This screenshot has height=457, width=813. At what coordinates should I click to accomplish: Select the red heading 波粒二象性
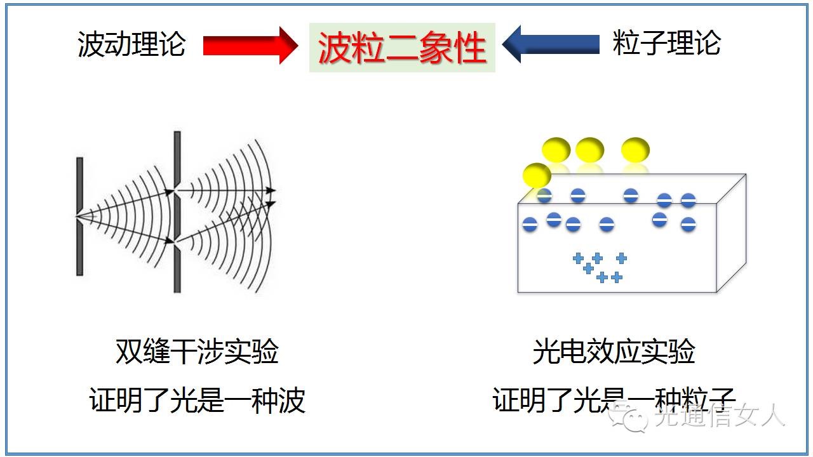[x=402, y=48]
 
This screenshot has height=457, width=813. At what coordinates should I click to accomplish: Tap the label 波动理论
[x=131, y=44]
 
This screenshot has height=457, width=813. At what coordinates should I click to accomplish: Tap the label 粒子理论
[x=666, y=44]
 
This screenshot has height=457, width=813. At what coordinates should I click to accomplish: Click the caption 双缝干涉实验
[x=197, y=351]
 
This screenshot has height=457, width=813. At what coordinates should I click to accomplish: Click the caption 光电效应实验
[x=614, y=351]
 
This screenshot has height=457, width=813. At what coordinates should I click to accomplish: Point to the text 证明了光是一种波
[x=197, y=401]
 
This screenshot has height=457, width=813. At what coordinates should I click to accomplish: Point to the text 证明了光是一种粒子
[x=614, y=401]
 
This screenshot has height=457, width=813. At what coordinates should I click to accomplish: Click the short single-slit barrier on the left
[x=79, y=216]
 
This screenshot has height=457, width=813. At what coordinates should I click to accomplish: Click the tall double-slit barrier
[x=177, y=212]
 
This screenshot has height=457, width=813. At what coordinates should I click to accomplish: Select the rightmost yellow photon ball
[x=635, y=150]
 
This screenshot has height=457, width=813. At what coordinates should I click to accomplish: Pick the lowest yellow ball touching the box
[x=537, y=175]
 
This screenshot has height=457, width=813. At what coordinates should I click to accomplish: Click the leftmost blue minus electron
[x=530, y=224]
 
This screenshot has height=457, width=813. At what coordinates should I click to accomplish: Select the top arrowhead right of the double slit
[x=271, y=190]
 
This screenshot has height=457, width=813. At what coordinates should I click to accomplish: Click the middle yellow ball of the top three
[x=589, y=150]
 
